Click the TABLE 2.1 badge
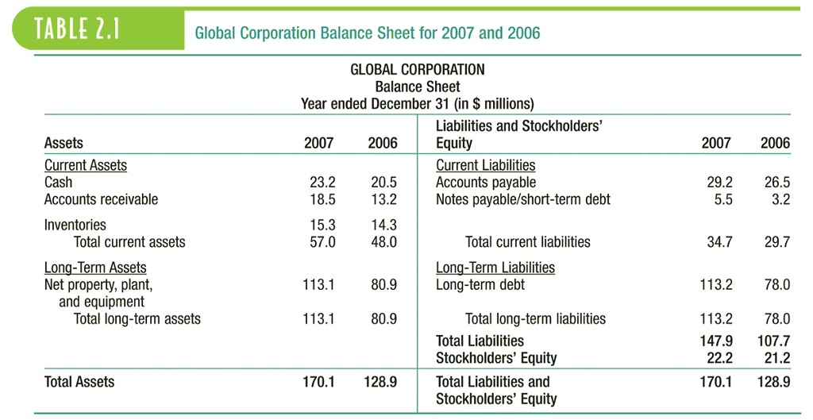coord(77,29)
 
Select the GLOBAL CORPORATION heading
coord(417,70)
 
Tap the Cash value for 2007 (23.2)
coord(322,183)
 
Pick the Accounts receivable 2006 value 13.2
coord(383,199)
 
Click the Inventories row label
coord(75,225)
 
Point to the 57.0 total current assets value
coord(322,242)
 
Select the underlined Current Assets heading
coord(85,166)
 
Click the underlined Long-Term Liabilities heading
coord(495,268)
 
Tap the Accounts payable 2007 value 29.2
coord(719,183)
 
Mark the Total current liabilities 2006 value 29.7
coord(777,242)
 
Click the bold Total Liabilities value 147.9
coord(715,341)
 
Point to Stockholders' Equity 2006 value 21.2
coord(777,358)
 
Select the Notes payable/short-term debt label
coord(523,199)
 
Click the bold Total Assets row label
coord(79,382)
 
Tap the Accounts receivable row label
coord(101,199)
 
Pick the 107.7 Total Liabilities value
coord(774,341)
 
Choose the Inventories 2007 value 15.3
coord(322,225)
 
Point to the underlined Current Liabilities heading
coord(485,166)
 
